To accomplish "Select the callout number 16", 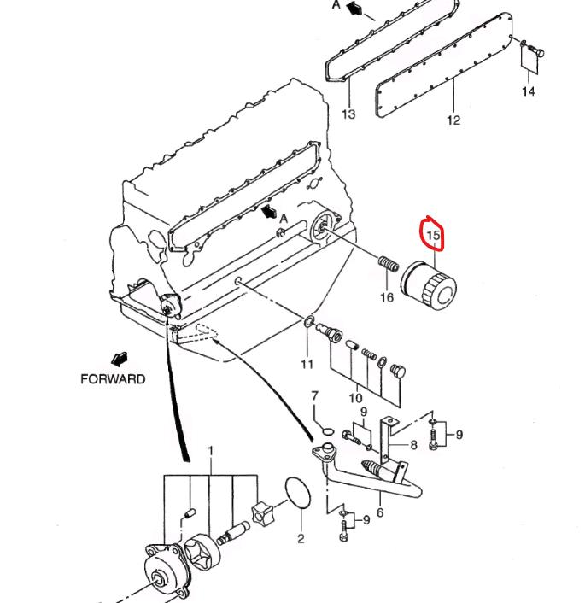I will pos(387,297).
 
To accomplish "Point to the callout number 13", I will pos(348,114).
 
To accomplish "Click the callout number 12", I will pos(453,120).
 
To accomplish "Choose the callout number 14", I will pos(529,91).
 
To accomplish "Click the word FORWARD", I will pos(113,379).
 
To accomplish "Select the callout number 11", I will pos(307,365).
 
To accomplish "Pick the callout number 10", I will pos(355,397).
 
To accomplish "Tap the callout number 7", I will pos(314,396).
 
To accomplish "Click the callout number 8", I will pos(413,445).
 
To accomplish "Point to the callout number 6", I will pos(379,512).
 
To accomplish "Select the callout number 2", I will pos(301,538).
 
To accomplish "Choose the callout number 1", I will pos(210,451).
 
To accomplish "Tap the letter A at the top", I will pos(336,4).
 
